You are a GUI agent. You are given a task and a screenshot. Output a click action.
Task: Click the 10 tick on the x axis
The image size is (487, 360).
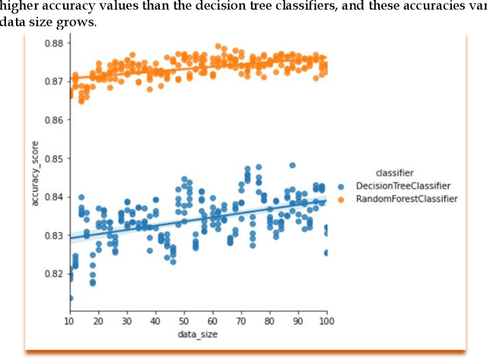[70, 323]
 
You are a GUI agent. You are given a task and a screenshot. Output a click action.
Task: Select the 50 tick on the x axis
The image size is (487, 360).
[184, 323]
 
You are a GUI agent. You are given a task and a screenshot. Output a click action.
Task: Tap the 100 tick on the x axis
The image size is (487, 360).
[326, 323]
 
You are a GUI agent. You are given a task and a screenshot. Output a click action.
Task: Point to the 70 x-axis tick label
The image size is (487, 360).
[241, 323]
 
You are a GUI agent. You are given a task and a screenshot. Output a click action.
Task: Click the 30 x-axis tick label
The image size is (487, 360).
[127, 323]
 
